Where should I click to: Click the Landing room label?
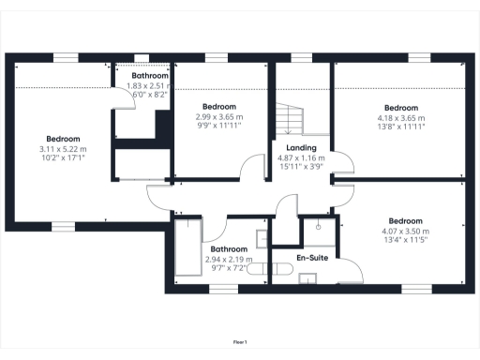coord(301,148)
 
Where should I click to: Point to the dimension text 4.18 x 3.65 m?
coord(400,117)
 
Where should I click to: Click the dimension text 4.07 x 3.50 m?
coord(404,232)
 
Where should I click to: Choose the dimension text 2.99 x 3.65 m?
coord(219,117)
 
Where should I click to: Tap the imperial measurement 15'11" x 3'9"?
coord(301,168)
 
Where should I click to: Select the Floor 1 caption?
coord(240,342)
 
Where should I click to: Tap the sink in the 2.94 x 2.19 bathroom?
coord(262,239)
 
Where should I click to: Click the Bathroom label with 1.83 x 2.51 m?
coord(149,75)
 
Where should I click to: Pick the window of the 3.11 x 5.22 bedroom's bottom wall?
coord(63,225)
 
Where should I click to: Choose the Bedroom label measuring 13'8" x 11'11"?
coord(400,107)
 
